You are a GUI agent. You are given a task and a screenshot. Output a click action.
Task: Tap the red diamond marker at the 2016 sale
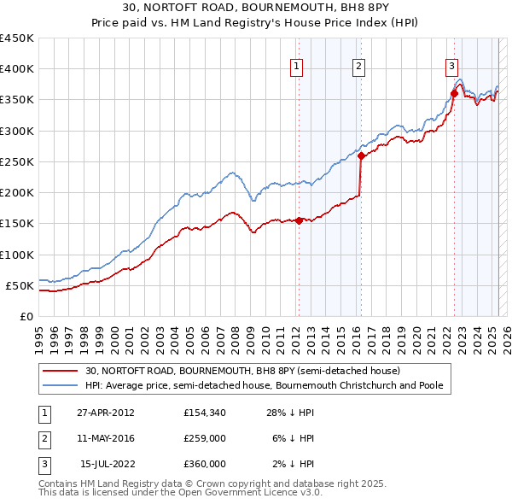361,155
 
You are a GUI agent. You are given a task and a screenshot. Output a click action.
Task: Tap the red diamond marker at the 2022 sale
454,94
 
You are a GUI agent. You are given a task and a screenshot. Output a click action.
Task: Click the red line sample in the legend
61,371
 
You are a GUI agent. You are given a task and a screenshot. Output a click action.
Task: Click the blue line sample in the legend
61,386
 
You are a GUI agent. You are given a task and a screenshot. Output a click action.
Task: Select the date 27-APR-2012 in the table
105,413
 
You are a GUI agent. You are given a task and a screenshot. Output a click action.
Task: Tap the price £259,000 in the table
204,438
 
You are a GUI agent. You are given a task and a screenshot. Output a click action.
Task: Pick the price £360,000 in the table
204,464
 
